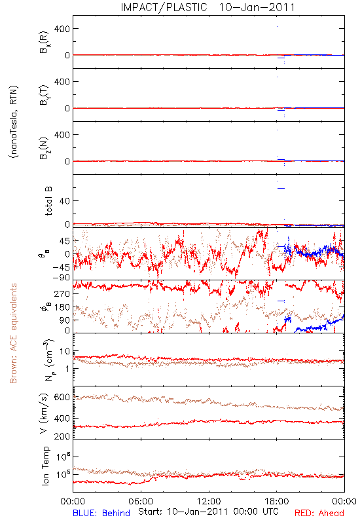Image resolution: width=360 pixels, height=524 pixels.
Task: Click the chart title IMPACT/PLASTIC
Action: coord(164,7)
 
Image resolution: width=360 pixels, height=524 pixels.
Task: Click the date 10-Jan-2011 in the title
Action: coord(257,7)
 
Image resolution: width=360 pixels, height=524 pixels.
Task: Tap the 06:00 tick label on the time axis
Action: coord(141,501)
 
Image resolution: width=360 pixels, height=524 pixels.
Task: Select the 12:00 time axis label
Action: coord(209,501)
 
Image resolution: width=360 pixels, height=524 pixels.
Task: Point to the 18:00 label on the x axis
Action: coord(277,501)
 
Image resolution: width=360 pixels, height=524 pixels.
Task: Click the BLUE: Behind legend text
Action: coord(101,513)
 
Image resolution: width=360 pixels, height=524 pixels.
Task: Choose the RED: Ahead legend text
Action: coord(319,513)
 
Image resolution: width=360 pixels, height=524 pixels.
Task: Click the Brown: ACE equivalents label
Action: coord(13,333)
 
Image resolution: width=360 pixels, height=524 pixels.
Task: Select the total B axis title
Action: coord(48,201)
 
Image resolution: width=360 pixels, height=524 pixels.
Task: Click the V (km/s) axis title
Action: coord(45,413)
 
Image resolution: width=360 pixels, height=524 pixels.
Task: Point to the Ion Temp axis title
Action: coord(45,466)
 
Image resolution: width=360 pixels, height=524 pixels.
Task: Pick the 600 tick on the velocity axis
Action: coord(62,397)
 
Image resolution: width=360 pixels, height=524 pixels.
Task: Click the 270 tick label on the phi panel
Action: coord(62,293)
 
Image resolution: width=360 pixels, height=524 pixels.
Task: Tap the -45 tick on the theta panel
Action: coord(61,267)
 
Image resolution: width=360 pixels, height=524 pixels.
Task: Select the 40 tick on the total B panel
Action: coord(65,201)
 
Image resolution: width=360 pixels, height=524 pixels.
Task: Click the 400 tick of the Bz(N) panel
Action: coord(62,135)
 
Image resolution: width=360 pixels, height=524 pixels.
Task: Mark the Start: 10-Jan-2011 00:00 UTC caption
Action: coord(208,512)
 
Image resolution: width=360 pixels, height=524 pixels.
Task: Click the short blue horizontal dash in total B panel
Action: coord(281,188)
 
